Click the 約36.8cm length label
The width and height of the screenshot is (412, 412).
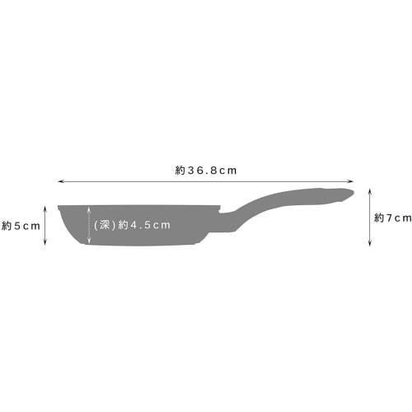pos(206,170)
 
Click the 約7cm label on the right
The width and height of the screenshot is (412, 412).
pos(392,218)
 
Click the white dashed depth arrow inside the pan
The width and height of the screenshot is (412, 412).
pos(88,224)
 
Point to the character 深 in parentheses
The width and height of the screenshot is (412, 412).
pos(104,224)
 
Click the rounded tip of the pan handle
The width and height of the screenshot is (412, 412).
pos(349,193)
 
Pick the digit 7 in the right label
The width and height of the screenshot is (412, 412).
pos(388,218)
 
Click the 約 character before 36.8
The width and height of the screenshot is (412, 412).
pos(180,170)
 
